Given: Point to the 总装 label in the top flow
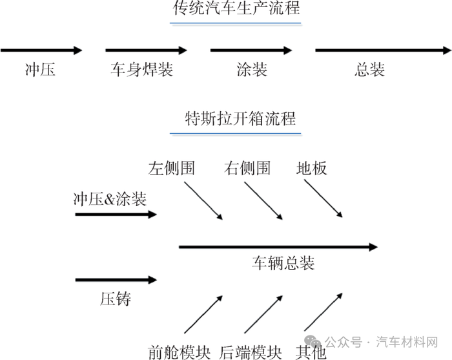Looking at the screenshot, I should tap(370, 70).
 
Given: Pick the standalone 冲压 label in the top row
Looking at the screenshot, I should tap(40, 70).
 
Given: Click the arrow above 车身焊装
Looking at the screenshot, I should tap(146, 50).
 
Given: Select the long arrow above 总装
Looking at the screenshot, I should tap(382, 50).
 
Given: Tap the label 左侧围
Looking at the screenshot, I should tap(172, 169).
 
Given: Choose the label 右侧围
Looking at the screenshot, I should tap(247, 169).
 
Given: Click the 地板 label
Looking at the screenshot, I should tap(312, 169).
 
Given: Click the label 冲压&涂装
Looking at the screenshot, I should tap(110, 199).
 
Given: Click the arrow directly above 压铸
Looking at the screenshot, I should tap(116, 280).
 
